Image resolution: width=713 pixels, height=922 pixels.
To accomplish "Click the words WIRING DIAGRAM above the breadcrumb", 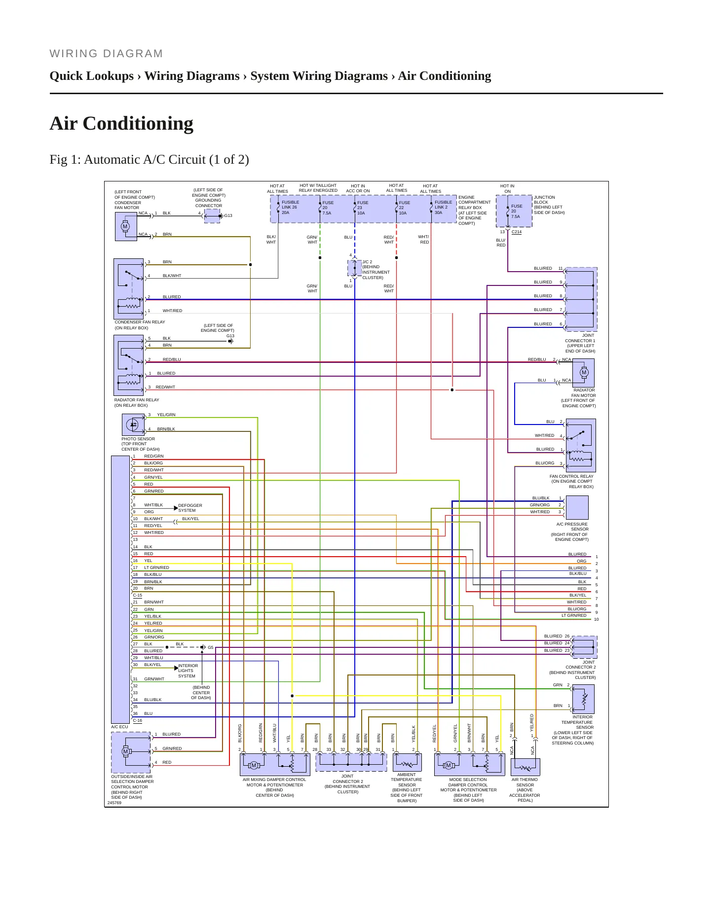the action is click(106, 54).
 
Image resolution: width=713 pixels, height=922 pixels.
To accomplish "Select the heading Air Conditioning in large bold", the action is click(121, 123).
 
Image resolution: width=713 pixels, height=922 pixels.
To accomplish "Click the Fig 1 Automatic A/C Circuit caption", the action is click(149, 160).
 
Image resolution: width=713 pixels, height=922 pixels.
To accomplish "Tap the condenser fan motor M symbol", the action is click(125, 227).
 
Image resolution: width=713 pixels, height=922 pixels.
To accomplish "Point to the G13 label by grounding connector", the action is click(228, 216).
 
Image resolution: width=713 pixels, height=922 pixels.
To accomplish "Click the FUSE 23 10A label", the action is click(362, 208).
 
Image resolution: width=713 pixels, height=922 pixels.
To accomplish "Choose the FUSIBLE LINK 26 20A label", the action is click(290, 208).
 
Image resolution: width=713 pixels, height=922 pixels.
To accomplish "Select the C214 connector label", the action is click(517, 232).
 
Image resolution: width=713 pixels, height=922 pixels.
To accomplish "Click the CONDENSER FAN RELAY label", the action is click(140, 322).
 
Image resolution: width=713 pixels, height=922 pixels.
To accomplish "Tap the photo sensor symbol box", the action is click(133, 425).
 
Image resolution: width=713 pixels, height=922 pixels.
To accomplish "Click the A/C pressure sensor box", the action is click(577, 507).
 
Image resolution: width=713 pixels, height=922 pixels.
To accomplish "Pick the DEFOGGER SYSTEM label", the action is click(190, 508).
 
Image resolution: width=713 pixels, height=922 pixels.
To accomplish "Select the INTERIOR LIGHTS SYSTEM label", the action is click(188, 671).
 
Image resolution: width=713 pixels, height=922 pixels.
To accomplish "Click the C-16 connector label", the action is click(137, 720).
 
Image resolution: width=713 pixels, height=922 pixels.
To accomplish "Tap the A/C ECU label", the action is click(119, 727).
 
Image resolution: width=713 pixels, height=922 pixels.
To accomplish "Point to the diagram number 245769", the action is click(114, 803).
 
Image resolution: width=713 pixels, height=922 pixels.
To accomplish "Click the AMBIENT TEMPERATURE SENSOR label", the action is click(407, 780).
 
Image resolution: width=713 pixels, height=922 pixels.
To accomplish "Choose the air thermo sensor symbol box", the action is click(525, 767).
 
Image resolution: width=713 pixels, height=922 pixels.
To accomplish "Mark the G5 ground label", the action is click(211, 647).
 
